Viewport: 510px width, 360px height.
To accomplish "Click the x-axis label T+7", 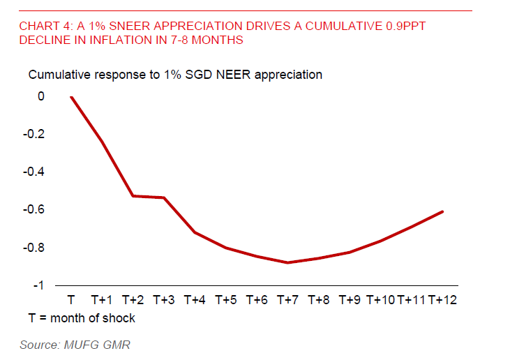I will (287, 300).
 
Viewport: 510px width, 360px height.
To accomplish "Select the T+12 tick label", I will (442, 300).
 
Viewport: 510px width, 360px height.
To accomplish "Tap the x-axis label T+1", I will (102, 300).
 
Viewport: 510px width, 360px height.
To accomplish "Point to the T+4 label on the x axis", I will (195, 300).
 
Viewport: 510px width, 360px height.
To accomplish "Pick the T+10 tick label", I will (381, 300).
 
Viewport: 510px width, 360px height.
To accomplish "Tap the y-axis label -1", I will (38, 285).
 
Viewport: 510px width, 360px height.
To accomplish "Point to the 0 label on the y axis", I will (41, 96).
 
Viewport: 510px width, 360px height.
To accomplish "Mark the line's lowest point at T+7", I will (287, 262).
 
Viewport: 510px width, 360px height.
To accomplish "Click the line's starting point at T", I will (71, 97).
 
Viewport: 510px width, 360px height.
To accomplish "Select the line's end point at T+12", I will (442, 211).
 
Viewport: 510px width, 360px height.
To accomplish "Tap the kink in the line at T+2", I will (133, 195).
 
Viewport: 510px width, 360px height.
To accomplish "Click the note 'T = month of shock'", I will (82, 318).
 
